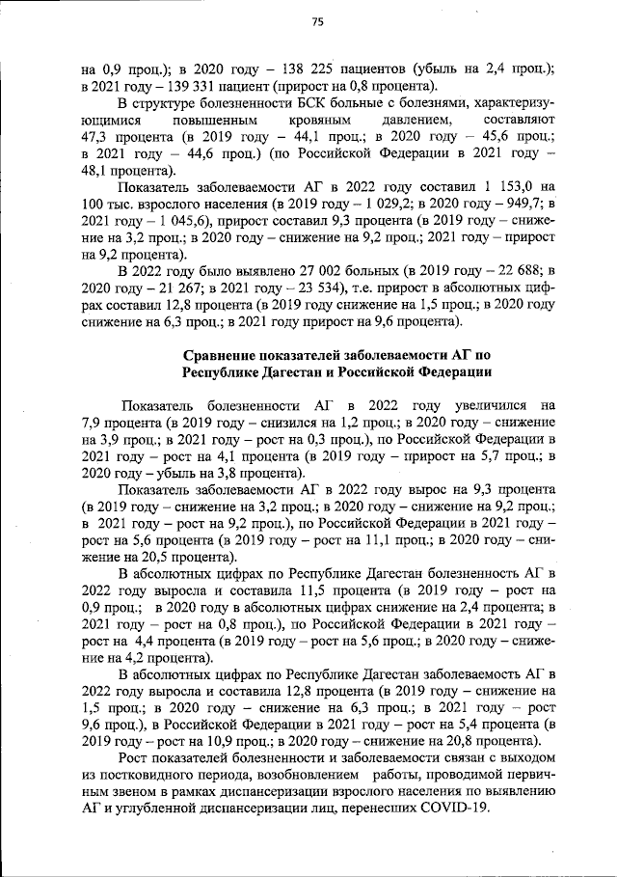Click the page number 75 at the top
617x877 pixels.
(317, 22)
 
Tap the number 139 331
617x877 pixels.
(186, 85)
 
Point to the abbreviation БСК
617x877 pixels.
(280, 102)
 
